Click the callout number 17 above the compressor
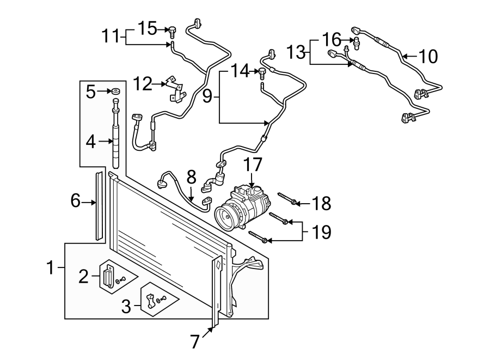253,164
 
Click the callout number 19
322,232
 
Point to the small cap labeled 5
116,91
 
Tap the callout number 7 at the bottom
195,342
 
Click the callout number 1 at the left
50,268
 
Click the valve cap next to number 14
263,71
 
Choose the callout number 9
207,97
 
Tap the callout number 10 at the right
428,56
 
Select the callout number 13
297,52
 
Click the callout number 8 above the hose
191,177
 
